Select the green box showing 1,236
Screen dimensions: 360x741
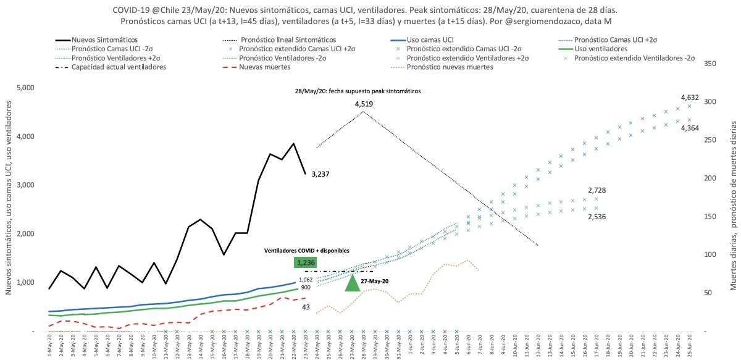(306, 263)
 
